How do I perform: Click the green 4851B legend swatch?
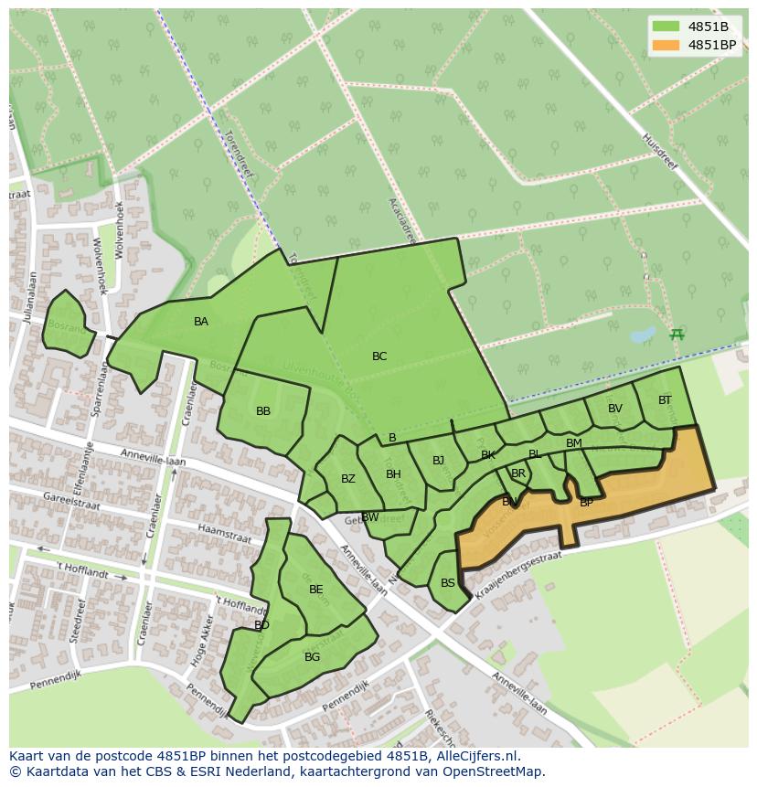click(x=666, y=27)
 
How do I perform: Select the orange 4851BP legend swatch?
click(x=666, y=45)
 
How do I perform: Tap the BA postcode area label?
click(x=201, y=322)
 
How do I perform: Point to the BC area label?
click(x=379, y=356)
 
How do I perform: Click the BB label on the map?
click(x=263, y=411)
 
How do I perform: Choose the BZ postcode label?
click(x=348, y=479)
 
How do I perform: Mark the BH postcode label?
click(x=393, y=474)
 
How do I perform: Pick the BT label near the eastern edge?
click(x=665, y=400)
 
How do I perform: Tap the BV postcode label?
click(x=615, y=409)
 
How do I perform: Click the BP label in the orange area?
click(x=587, y=503)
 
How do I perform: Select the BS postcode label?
click(x=448, y=583)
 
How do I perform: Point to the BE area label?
click(x=316, y=590)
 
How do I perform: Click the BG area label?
click(x=313, y=657)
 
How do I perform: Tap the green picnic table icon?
click(x=677, y=335)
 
